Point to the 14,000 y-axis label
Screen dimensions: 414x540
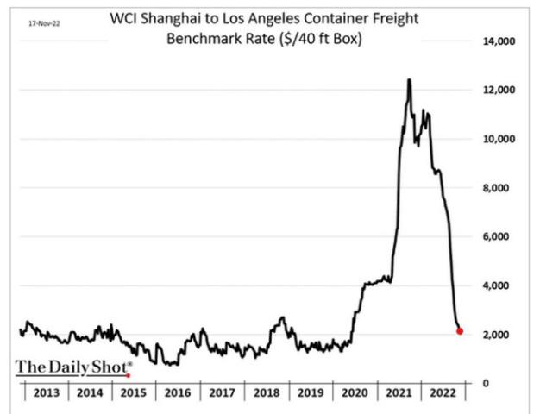point(496,41)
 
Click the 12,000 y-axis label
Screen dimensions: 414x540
point(496,90)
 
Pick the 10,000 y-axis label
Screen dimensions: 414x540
point(496,139)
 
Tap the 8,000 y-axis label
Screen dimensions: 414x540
point(499,187)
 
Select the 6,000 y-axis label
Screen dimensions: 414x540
point(499,236)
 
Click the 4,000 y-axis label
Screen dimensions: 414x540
point(499,285)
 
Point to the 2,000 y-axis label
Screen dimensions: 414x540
point(499,335)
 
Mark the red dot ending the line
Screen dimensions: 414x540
point(460,331)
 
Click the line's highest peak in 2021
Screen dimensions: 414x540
point(409,80)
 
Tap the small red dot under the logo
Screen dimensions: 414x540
point(128,375)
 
